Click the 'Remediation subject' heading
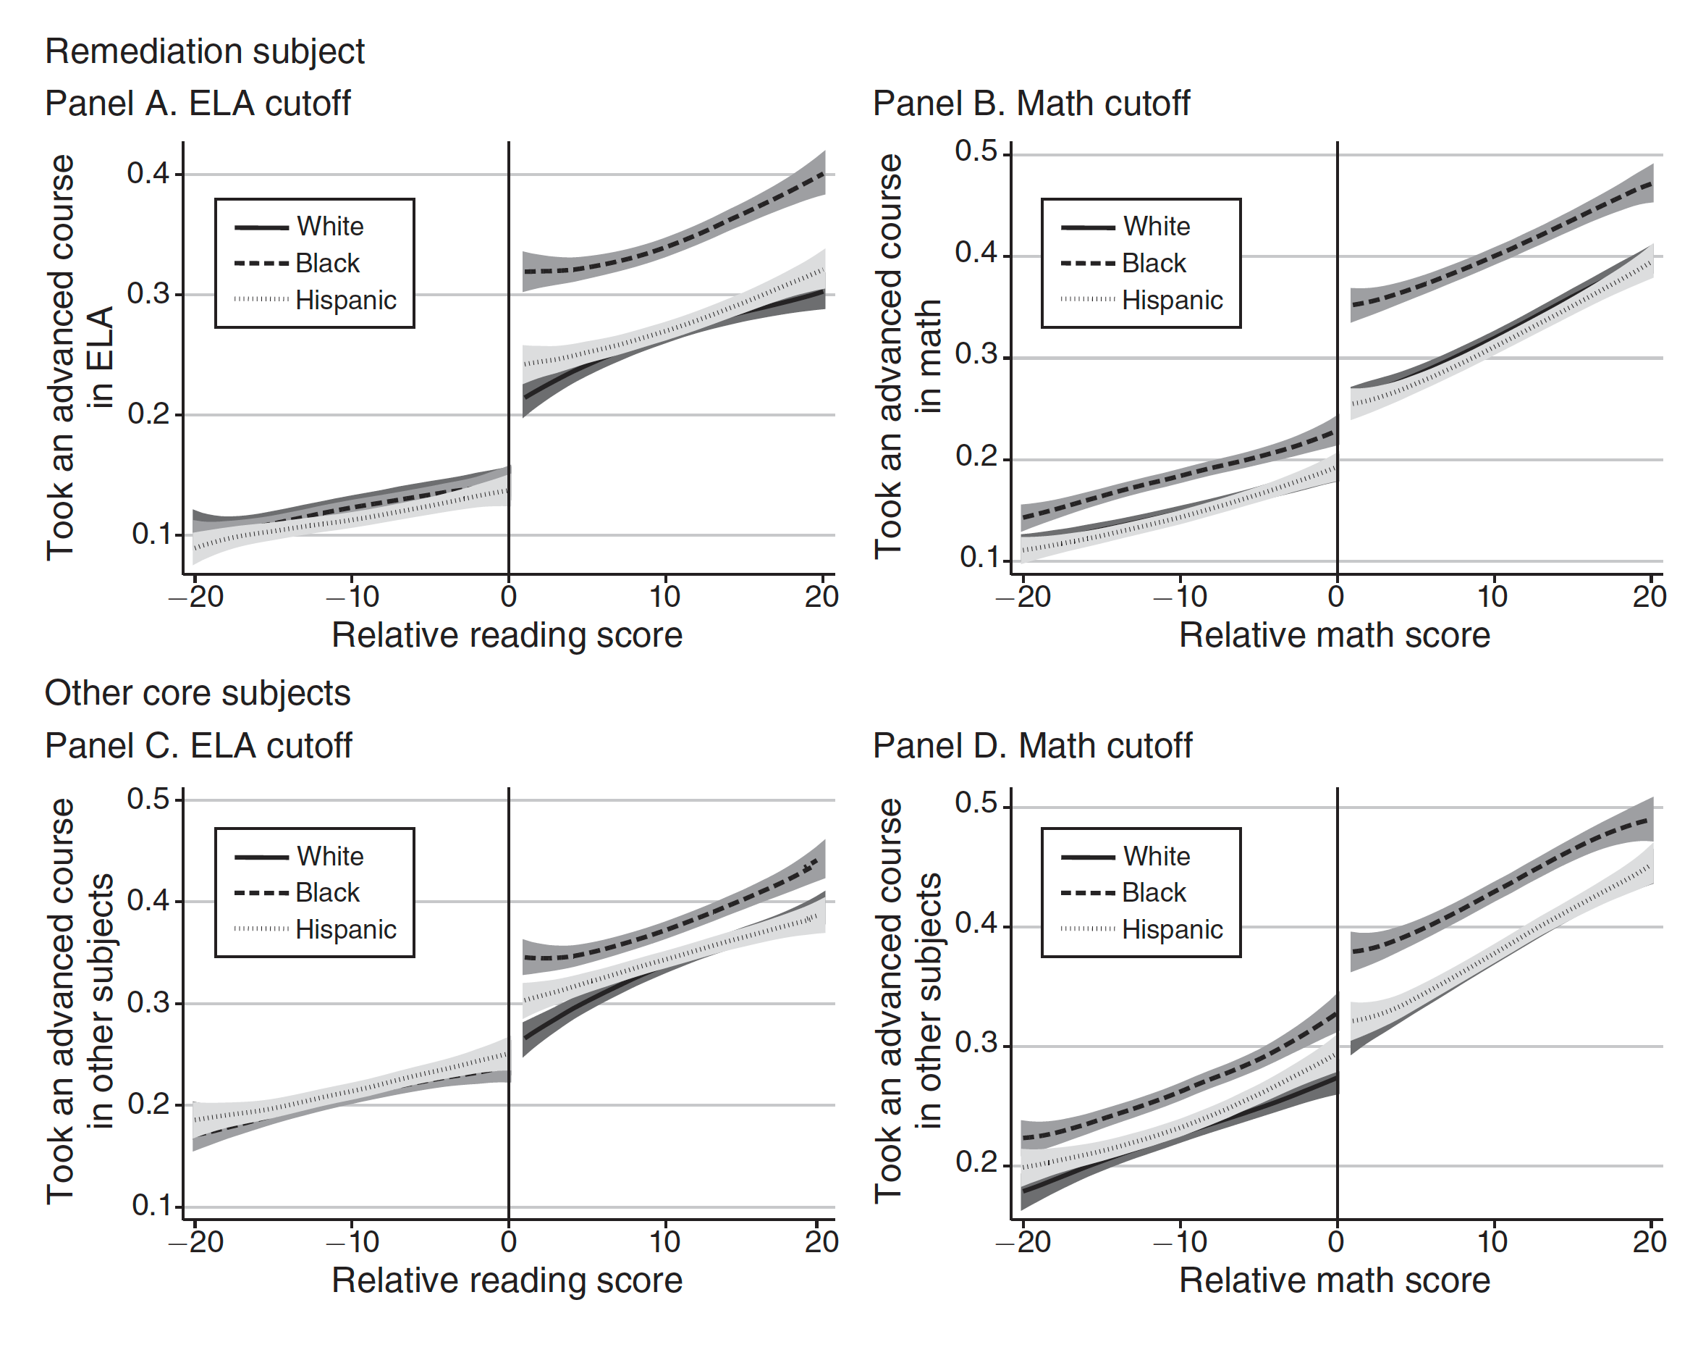(205, 52)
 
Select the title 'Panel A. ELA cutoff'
(198, 104)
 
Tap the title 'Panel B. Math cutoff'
(1031, 104)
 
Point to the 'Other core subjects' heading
(198, 693)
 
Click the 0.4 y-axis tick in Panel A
(148, 173)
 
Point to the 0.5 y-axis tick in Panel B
(976, 151)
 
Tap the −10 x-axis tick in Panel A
(352, 597)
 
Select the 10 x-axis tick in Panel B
(1492, 597)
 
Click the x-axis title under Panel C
(507, 1280)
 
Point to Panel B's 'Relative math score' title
(1334, 636)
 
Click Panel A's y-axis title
(80, 358)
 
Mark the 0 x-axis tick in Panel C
(509, 1243)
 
